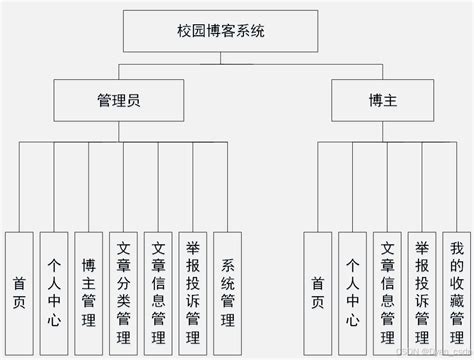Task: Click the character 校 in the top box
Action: click(x=186, y=31)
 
